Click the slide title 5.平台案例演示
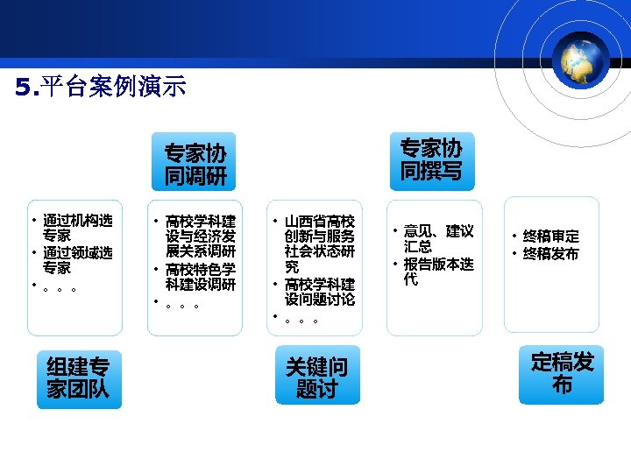pos(101,88)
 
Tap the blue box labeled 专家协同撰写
pos(430,159)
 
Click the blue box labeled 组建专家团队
pos(78,378)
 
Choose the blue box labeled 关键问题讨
pos(316,378)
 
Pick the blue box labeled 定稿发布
pos(561,374)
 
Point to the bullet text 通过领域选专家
pos(77,260)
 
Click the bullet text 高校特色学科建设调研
pos(200,276)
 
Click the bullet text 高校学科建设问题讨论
pos(319,292)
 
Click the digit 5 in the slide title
pos(22,88)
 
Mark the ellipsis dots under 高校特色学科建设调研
pos(181,307)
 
